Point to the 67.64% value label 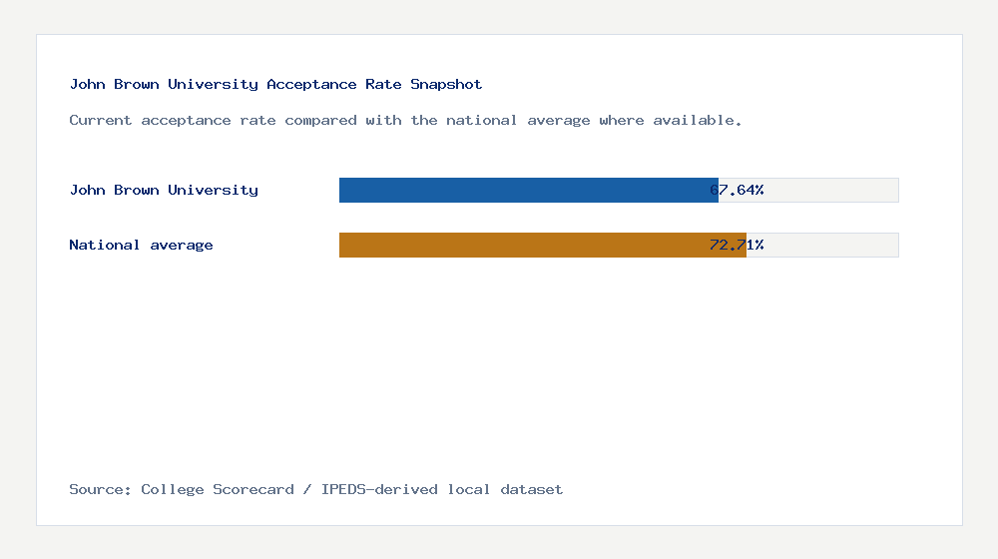tap(737, 190)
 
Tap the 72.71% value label tap(737, 245)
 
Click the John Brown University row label tap(164, 190)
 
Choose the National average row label tap(141, 245)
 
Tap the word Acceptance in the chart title tap(311, 85)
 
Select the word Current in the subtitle tap(101, 120)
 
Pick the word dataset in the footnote tap(532, 489)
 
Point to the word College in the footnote tap(173, 489)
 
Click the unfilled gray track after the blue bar tap(830, 190)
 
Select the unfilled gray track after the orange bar tap(830, 245)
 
